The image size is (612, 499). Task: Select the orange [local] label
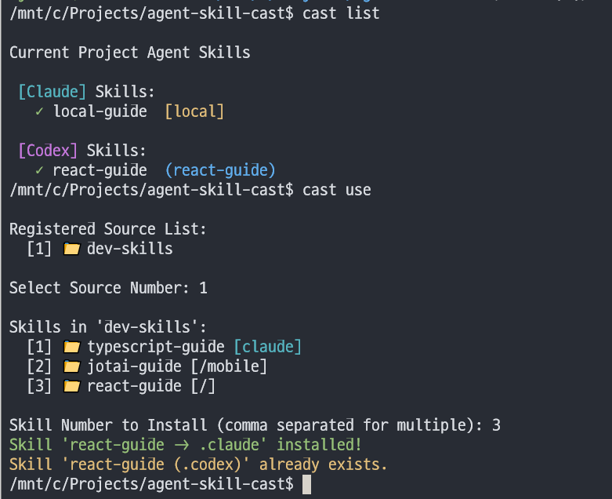click(194, 111)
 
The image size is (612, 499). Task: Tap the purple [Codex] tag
click(48, 151)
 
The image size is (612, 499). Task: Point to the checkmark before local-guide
click(38, 111)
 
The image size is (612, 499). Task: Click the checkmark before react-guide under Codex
click(38, 170)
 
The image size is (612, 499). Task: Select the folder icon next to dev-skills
click(72, 249)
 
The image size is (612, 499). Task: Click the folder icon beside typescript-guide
click(72, 347)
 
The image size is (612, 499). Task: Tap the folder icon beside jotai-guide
click(72, 366)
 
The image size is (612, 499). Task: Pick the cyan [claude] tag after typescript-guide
click(267, 347)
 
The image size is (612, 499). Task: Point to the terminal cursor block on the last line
click(306, 484)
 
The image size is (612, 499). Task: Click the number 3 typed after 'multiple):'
click(496, 425)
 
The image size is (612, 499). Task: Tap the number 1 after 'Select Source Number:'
click(203, 288)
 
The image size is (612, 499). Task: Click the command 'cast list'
click(341, 13)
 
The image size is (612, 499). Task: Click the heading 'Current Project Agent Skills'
click(129, 53)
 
